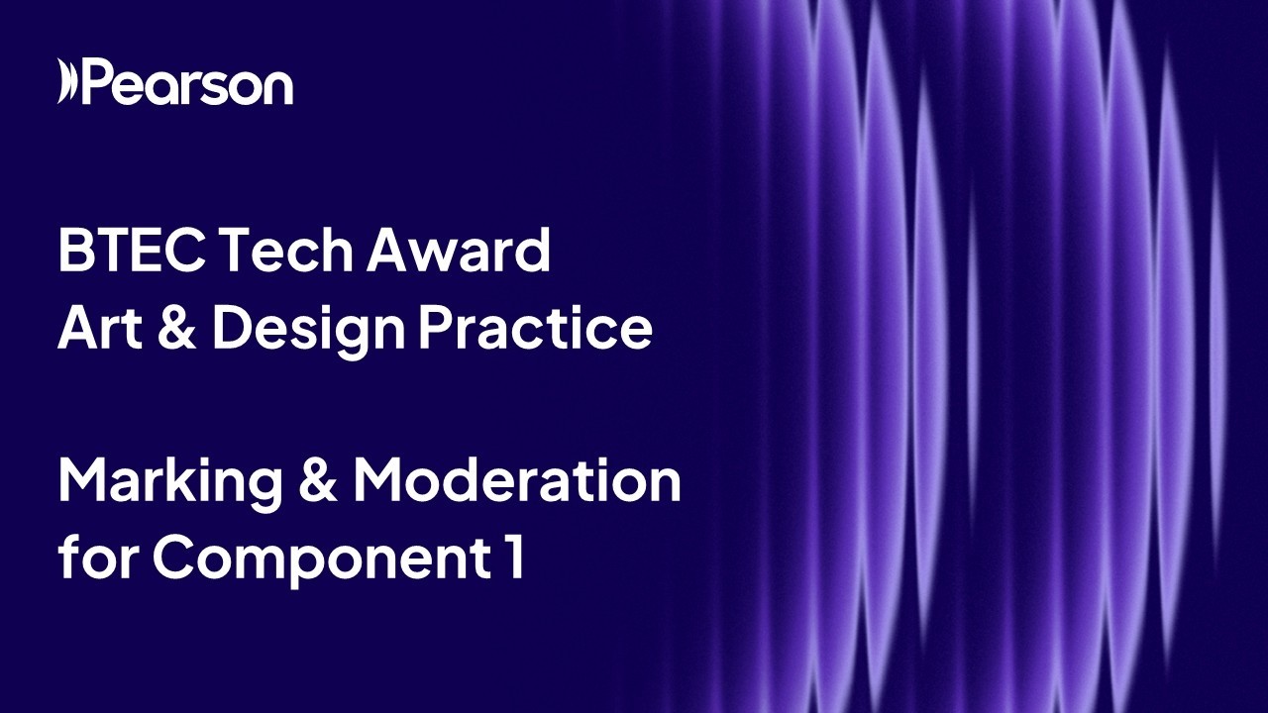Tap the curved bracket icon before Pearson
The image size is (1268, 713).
(x=65, y=82)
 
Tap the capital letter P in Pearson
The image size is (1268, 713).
(x=98, y=83)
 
